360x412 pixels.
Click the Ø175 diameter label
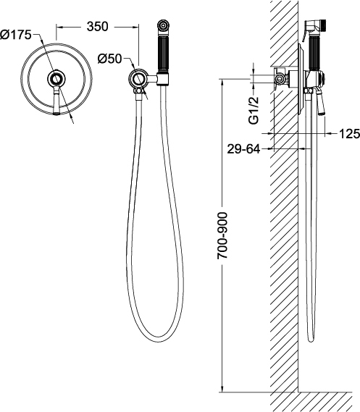[16, 35]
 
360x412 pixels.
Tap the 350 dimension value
[98, 27]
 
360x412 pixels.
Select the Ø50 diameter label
[110, 59]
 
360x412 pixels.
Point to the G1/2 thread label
[254, 110]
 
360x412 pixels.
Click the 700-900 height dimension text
[222, 236]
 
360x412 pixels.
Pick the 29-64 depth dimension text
[243, 149]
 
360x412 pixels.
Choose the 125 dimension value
[349, 134]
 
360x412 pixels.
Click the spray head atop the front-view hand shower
[163, 28]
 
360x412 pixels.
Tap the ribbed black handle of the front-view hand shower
[163, 54]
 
